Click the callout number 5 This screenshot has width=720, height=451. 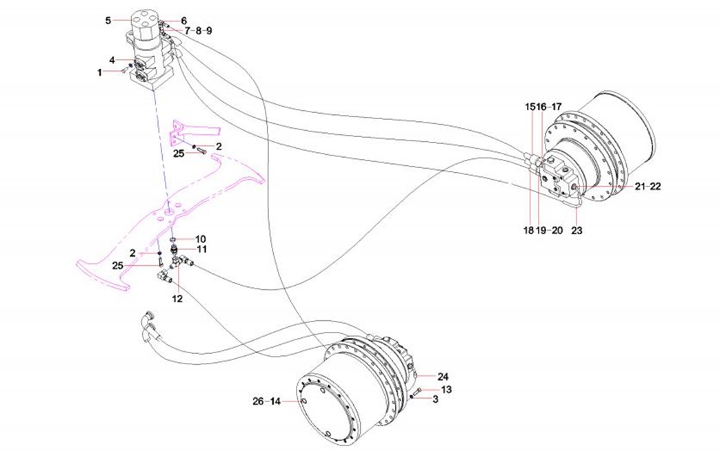tap(108, 21)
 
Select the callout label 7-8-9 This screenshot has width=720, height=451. tap(199, 31)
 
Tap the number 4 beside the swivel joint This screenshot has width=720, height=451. tap(112, 60)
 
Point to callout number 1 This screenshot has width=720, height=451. tap(99, 72)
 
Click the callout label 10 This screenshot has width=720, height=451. tap(201, 239)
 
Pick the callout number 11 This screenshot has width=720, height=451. tap(201, 249)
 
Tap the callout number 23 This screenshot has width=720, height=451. tap(577, 231)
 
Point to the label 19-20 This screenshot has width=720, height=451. tap(551, 231)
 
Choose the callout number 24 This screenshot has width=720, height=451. tap(443, 377)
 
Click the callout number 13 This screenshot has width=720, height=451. tap(446, 390)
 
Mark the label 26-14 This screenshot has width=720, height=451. tap(267, 401)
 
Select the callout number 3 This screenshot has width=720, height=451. tap(435, 399)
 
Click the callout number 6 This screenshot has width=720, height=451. tap(183, 21)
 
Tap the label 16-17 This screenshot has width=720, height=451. tap(550, 107)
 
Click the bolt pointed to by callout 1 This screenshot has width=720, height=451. tap(123, 69)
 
